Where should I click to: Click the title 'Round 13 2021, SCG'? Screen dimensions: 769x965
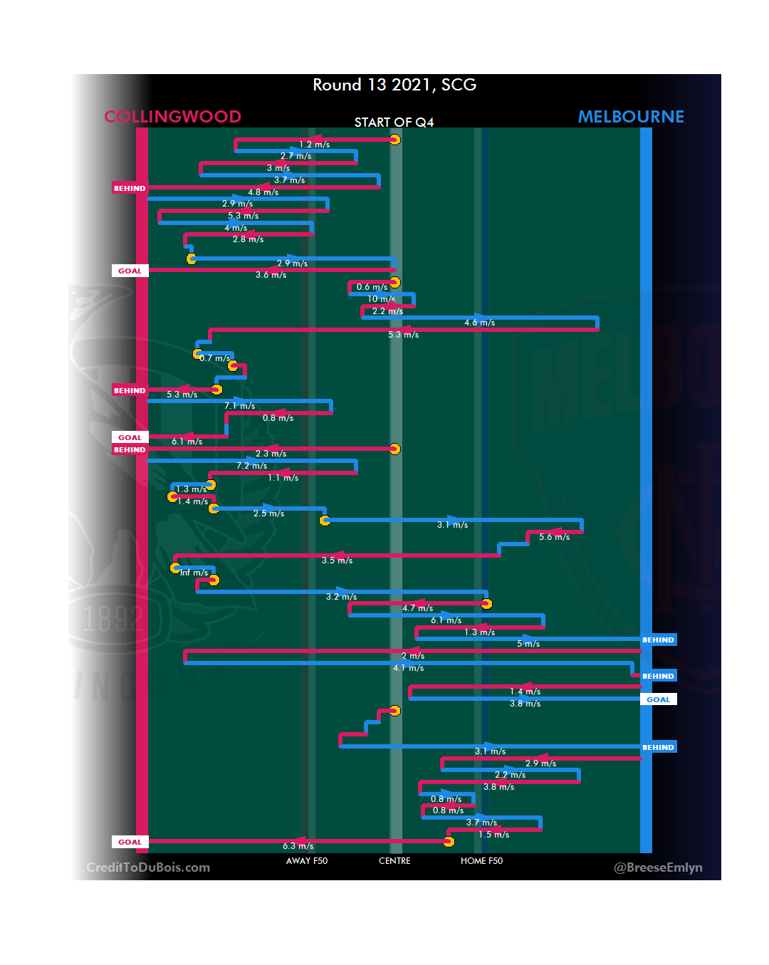[x=394, y=85]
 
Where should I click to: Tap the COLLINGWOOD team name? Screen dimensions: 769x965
[x=172, y=117]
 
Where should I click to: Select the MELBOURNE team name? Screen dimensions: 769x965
[x=631, y=117]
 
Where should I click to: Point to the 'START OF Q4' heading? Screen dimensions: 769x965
[x=394, y=122]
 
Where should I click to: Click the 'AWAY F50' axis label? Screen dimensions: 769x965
[x=307, y=861]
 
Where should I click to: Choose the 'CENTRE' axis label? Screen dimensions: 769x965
[x=394, y=861]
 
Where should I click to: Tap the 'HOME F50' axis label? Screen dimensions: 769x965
[x=481, y=861]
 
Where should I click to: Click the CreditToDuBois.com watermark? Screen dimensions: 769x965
[x=148, y=867]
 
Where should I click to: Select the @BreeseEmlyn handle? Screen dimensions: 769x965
[x=658, y=867]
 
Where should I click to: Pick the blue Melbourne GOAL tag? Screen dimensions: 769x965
[x=658, y=699]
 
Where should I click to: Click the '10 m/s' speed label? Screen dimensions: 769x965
[x=381, y=299]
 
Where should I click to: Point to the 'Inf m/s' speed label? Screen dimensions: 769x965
[x=194, y=573]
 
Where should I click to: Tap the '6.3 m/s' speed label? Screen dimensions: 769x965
[x=298, y=846]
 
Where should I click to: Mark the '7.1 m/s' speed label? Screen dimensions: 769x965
[x=239, y=406]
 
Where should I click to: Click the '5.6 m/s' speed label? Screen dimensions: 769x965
[x=554, y=537]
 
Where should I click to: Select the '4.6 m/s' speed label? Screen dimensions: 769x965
[x=479, y=323]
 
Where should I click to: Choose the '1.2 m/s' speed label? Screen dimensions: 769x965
[x=314, y=145]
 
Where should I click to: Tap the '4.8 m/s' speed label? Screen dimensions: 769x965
[x=263, y=192]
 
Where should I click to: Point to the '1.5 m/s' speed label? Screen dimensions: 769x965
[x=493, y=835]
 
